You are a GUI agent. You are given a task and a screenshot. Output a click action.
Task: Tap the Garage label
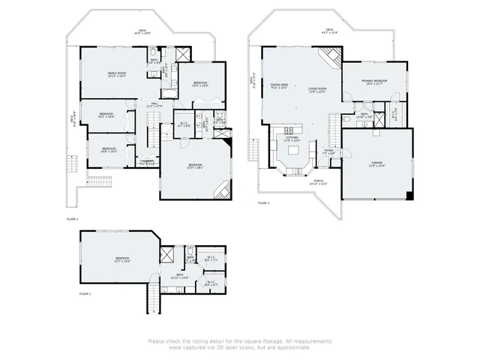376,163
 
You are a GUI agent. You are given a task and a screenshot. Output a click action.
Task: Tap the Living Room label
317,90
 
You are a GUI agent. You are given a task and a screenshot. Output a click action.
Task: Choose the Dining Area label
280,86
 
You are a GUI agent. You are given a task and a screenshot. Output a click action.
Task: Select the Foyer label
328,151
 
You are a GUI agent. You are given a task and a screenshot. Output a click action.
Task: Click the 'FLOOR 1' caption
85,295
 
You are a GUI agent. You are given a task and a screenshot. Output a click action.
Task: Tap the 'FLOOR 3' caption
263,203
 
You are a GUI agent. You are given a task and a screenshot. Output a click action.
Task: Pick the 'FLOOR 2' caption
72,218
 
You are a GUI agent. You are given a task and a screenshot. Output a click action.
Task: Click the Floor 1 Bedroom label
121,259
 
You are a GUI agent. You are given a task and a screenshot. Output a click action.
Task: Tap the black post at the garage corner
409,196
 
